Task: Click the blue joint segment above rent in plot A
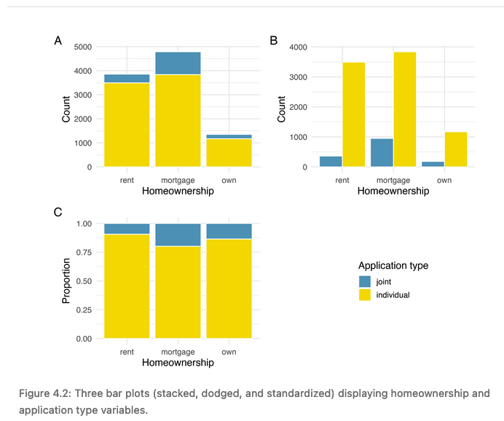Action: click(x=127, y=78)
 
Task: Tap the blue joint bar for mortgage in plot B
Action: click(x=382, y=152)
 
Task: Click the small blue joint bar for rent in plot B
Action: click(x=331, y=161)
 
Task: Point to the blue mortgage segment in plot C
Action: click(x=178, y=235)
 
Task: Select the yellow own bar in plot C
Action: click(x=229, y=288)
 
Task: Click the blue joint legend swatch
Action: click(x=364, y=281)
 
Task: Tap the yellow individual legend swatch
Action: click(x=364, y=295)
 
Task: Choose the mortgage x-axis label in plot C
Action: click(x=178, y=352)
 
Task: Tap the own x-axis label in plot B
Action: click(x=444, y=180)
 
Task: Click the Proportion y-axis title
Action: click(x=66, y=280)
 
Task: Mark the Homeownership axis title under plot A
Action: click(x=178, y=192)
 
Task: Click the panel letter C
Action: click(x=58, y=212)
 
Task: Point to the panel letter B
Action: click(x=274, y=41)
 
